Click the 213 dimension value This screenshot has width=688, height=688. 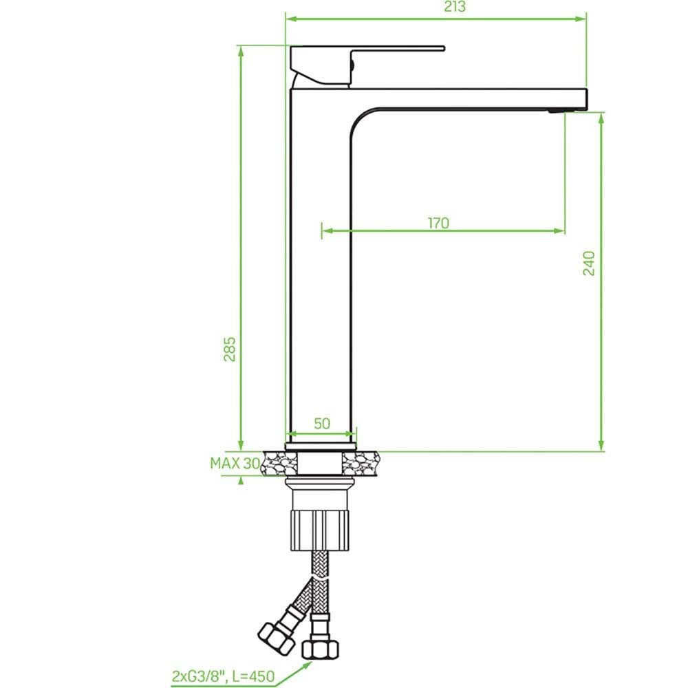[455, 7]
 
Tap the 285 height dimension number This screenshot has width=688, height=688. [230, 350]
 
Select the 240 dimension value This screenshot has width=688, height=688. [589, 264]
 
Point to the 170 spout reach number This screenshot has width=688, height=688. [438, 223]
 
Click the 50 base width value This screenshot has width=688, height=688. [322, 423]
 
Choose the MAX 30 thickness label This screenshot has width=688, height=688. [235, 463]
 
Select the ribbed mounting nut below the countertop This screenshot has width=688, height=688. [321, 530]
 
